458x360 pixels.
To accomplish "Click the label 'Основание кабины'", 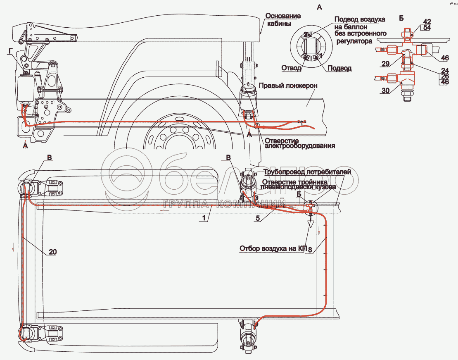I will [x=282, y=19].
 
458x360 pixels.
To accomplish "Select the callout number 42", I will [x=427, y=21].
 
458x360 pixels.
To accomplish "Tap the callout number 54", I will [x=427, y=27].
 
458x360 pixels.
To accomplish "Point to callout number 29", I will [x=385, y=63].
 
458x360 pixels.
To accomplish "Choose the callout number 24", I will [x=445, y=70].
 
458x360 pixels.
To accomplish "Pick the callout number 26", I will [x=445, y=76].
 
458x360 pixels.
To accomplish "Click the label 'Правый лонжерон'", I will [x=288, y=86].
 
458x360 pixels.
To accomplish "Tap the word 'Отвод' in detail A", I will [x=291, y=68].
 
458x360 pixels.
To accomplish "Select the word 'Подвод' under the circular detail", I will [x=339, y=68].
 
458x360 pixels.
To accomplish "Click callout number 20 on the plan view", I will [x=53, y=252].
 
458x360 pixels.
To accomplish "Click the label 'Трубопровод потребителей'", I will [x=307, y=172].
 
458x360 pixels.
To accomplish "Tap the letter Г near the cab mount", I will [x=10, y=51].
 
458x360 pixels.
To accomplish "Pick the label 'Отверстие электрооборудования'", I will [x=299, y=143].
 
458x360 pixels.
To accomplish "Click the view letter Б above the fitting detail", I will [x=401, y=18].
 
